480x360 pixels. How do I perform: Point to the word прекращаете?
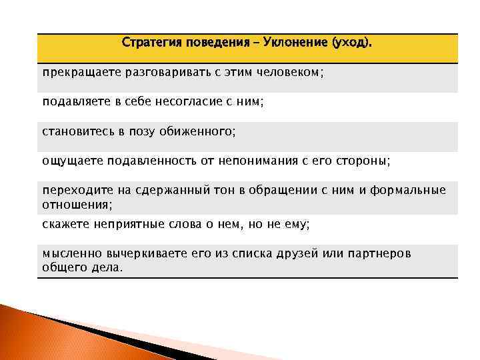[x=77, y=72]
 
